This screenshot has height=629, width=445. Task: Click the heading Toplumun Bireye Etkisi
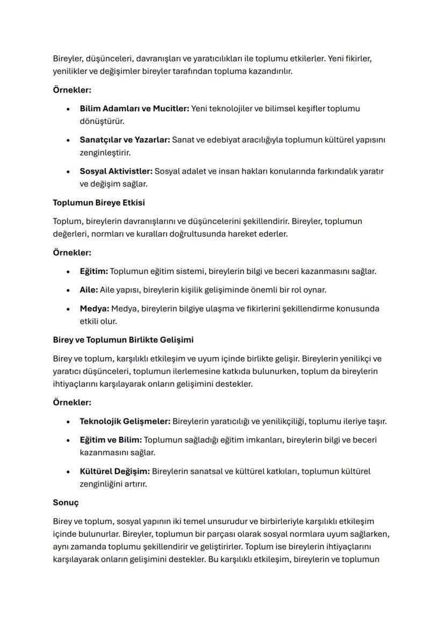(98, 203)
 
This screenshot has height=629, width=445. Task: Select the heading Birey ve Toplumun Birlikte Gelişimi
(123, 340)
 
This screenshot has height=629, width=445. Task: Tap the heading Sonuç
(66, 503)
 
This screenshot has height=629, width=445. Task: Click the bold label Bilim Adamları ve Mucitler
(134, 109)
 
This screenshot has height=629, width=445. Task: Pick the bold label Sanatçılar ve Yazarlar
(125, 140)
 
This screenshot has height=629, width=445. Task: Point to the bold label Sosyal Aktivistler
(116, 171)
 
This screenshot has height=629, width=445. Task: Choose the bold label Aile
(89, 290)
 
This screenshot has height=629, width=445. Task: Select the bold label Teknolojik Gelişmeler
(125, 421)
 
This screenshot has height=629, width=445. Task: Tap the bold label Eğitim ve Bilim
(111, 440)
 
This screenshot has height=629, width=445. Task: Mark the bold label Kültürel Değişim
(115, 472)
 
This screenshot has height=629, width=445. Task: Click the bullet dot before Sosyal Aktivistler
(68, 172)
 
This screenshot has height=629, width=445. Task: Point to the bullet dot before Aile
(68, 291)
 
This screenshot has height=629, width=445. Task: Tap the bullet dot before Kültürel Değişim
(68, 472)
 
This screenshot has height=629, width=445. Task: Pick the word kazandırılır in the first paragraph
(268, 71)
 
